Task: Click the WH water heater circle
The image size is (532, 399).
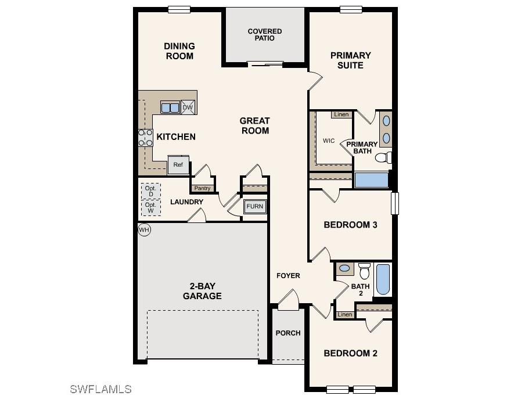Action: coord(144,230)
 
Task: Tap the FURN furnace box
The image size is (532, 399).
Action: coord(254,207)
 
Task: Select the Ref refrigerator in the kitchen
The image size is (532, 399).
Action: coord(178,165)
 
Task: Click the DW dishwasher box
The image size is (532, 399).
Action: coord(187,107)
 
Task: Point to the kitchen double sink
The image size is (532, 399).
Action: coord(170,107)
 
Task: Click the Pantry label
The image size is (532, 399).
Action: coord(202,188)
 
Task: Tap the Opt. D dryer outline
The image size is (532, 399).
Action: coord(150,191)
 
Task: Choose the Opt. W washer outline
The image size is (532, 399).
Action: coord(150,208)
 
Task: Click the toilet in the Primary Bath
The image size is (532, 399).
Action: coord(383,157)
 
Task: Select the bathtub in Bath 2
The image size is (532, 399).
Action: coord(383,280)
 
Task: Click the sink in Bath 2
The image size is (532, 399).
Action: coord(344,268)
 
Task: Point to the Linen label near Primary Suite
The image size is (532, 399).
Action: coord(342,114)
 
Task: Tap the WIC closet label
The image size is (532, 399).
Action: coord(329,141)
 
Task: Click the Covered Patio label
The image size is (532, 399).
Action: coord(265,35)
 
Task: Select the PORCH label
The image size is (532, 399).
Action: coord(288,333)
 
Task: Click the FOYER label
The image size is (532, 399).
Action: coord(288,275)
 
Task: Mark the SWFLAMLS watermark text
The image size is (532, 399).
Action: coord(100,389)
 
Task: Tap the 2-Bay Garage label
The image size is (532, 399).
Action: coord(202,291)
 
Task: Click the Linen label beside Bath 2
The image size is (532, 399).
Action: coord(345,315)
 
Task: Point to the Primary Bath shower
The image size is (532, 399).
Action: coord(371,179)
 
